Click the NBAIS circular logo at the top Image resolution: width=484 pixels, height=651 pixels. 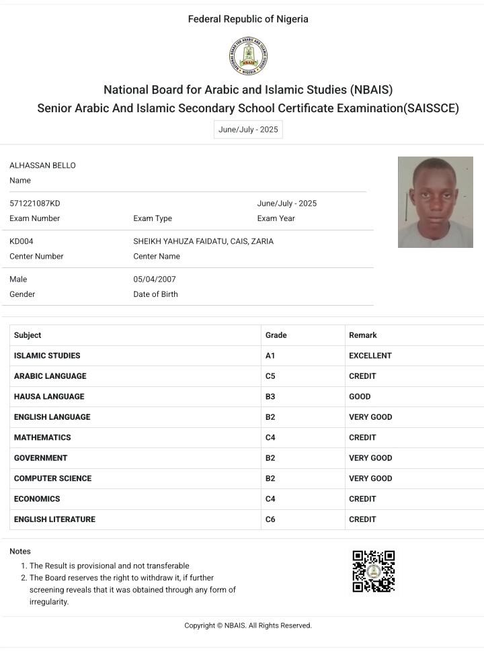248,56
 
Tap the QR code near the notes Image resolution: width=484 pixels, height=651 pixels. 373,571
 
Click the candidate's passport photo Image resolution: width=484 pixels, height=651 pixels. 435,202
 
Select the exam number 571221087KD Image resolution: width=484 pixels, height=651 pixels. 35,204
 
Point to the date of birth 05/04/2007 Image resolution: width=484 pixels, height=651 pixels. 155,279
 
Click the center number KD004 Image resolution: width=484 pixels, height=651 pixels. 22,241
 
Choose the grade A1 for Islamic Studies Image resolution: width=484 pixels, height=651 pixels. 270,356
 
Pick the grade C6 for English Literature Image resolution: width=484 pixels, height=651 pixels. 270,519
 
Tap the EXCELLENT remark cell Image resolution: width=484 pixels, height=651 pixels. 370,356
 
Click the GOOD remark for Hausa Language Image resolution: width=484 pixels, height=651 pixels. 360,397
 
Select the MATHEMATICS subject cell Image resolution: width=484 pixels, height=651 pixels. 42,437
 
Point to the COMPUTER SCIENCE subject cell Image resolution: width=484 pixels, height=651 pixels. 52,478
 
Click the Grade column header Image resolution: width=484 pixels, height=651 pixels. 276,335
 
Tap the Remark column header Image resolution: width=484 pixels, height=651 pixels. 363,335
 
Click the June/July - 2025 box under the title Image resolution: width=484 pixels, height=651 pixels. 248,130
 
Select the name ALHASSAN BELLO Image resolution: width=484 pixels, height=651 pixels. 42,166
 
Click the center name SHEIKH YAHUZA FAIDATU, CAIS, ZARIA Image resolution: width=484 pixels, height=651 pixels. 203,241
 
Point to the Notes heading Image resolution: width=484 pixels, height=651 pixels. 20,552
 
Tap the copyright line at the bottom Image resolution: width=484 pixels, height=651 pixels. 248,625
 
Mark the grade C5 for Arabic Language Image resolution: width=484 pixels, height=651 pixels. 270,376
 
